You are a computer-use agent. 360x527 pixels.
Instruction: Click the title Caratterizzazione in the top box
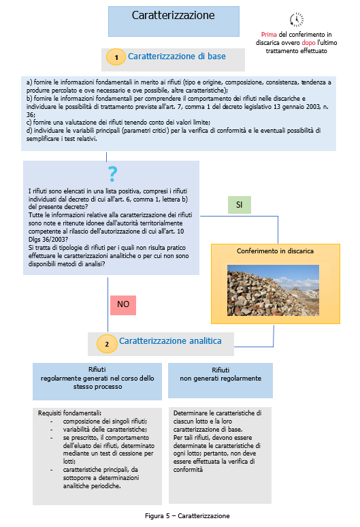coord(173,15)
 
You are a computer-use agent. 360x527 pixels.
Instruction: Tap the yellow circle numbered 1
coord(116,59)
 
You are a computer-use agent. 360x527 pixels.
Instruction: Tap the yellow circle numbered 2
coord(107,345)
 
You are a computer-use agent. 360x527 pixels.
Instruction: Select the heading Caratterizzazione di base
coord(177,57)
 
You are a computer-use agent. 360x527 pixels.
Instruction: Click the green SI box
coord(239,204)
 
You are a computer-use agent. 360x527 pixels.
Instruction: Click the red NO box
coord(122,304)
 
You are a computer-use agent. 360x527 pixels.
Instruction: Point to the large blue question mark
coord(112,174)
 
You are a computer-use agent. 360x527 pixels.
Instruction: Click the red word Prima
coord(269,34)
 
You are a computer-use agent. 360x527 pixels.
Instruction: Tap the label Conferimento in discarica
coord(275,251)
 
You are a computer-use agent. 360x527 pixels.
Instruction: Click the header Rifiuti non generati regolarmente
coord(220,374)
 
